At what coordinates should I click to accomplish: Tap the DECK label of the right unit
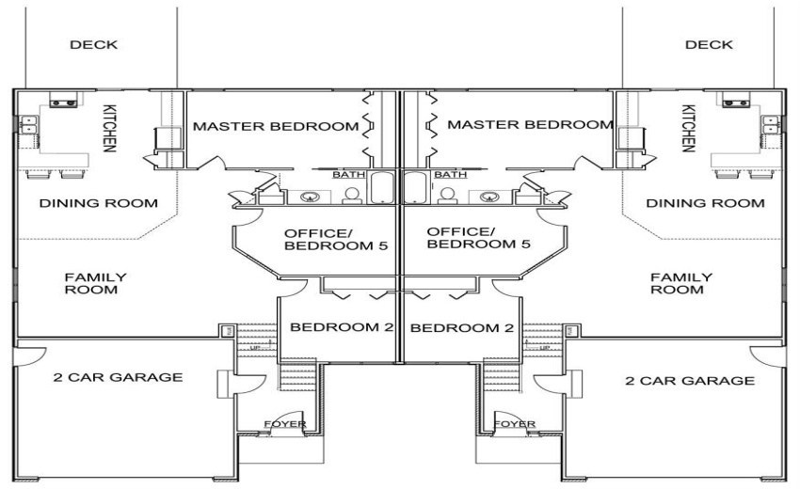(x=709, y=45)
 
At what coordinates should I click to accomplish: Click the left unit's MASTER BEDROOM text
(x=276, y=125)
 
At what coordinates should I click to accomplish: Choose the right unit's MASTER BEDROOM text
(x=529, y=124)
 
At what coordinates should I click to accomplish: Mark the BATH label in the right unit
(x=450, y=175)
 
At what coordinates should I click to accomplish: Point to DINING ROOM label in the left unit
(x=85, y=203)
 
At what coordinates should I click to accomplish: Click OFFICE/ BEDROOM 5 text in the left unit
(x=324, y=238)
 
